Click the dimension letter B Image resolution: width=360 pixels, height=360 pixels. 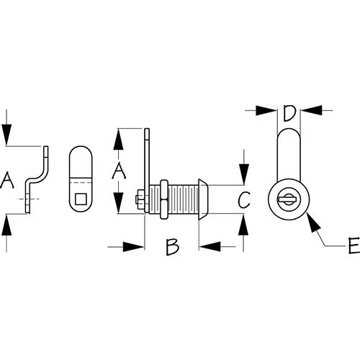tap(172, 247)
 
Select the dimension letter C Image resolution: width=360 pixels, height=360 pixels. tap(244, 199)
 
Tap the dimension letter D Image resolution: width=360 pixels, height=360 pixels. tap(288, 113)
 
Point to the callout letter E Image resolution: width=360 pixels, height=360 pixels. tap(354, 246)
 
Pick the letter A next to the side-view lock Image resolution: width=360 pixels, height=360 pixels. tap(119, 171)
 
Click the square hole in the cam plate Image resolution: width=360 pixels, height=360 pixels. tap(81, 199)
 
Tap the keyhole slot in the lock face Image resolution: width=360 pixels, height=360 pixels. tap(287, 199)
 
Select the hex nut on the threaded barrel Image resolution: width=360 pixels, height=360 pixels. tap(164, 199)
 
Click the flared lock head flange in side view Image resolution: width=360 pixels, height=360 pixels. tap(203, 199)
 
